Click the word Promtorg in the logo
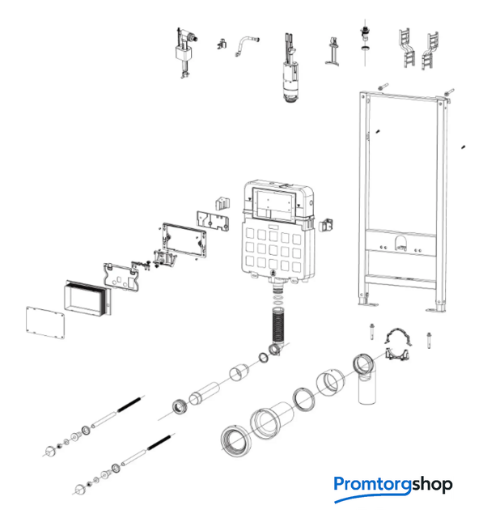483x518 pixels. pyautogui.click(x=372, y=486)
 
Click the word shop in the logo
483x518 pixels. pyautogui.click(x=432, y=484)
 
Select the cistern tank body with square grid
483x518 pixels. pyautogui.click(x=278, y=232)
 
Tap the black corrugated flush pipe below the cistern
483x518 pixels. pyautogui.click(x=278, y=325)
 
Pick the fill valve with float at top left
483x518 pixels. pyautogui.click(x=185, y=52)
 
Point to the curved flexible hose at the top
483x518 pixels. pyautogui.click(x=247, y=45)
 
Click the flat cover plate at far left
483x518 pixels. pyautogui.click(x=45, y=323)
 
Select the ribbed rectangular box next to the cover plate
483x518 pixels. pyautogui.click(x=87, y=299)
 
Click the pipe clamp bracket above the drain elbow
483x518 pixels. pyautogui.click(x=398, y=344)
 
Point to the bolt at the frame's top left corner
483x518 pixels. pyautogui.click(x=383, y=87)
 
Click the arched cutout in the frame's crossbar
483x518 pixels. pyautogui.click(x=400, y=243)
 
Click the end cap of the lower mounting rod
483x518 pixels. pyautogui.click(x=80, y=489)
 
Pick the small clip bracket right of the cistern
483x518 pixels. pyautogui.click(x=325, y=225)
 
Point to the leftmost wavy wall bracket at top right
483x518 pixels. pyautogui.click(x=408, y=48)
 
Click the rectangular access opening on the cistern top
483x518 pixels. pyautogui.click(x=273, y=205)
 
